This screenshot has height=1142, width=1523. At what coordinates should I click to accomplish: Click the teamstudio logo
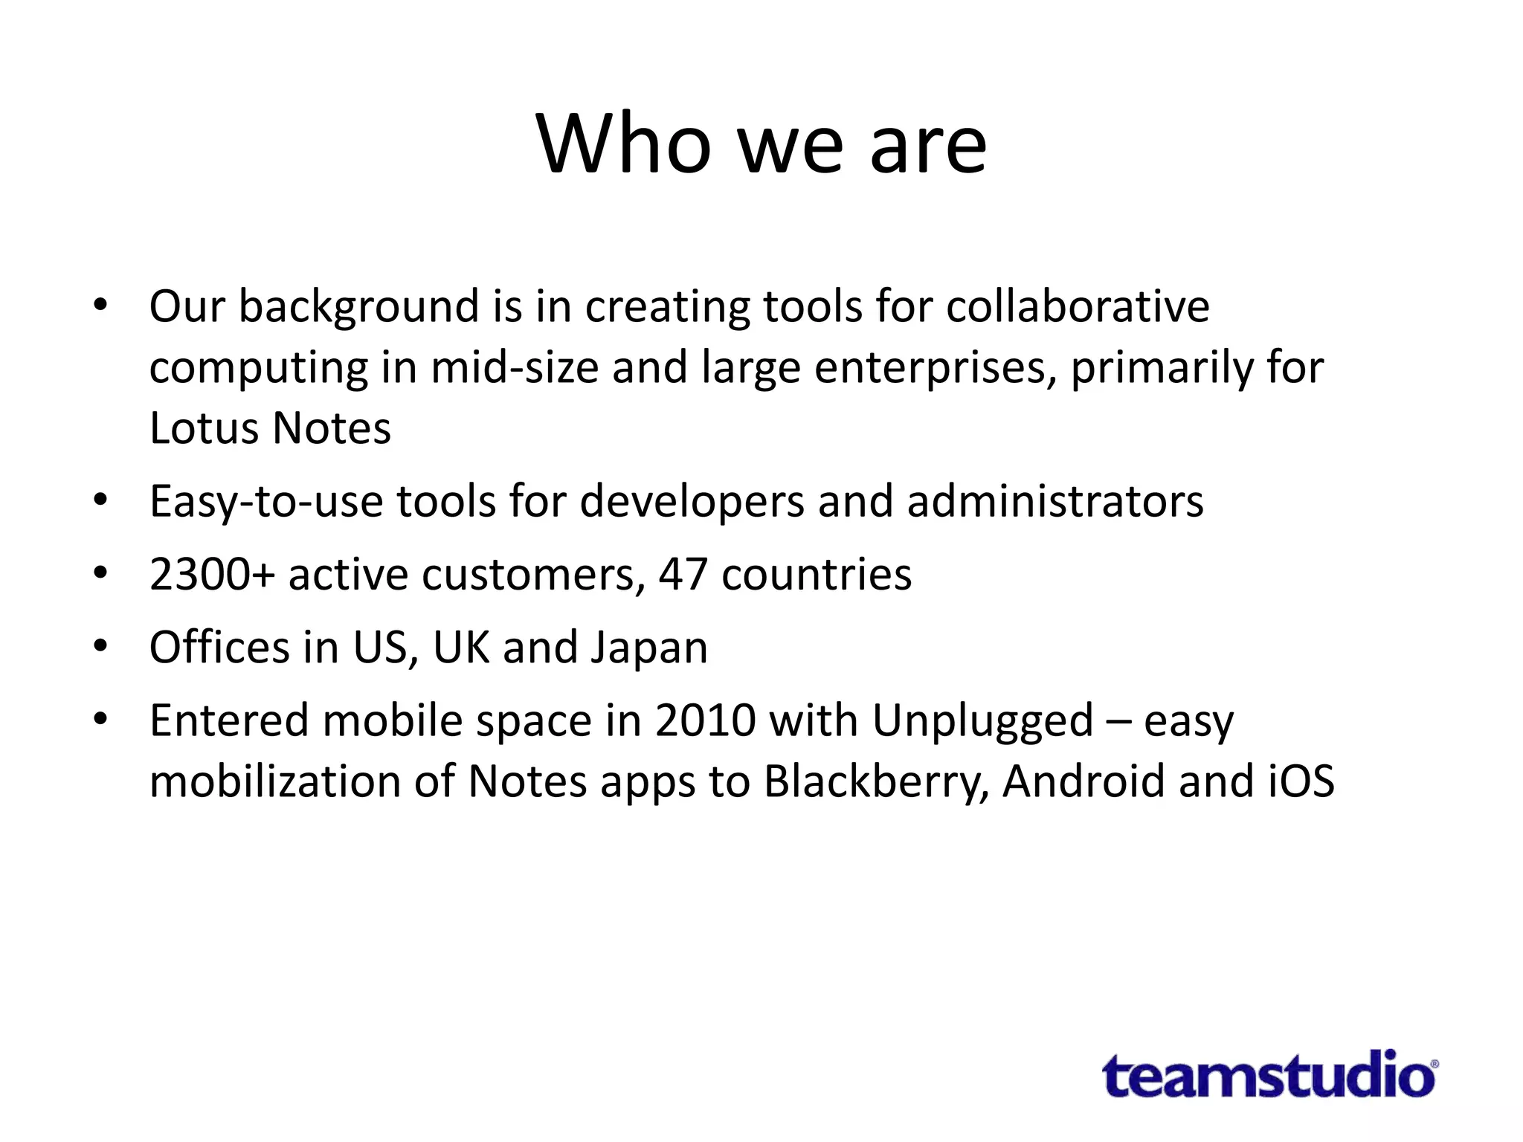click(x=1269, y=1075)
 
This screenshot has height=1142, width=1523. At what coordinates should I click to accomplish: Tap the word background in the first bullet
click(x=358, y=306)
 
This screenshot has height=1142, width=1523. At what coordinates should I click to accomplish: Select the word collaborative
click(x=1078, y=306)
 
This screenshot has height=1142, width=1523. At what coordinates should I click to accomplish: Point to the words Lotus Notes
click(x=270, y=428)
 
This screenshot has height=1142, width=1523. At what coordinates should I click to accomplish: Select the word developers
click(x=692, y=501)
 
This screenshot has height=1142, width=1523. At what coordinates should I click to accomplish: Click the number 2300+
click(x=212, y=574)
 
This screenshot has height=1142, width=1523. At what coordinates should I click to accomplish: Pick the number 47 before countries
click(x=683, y=574)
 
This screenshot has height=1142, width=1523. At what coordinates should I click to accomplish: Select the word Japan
click(x=648, y=647)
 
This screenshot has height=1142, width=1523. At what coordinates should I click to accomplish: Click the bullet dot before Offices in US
click(x=100, y=645)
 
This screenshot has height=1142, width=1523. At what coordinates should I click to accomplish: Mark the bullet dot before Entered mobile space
click(x=100, y=718)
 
